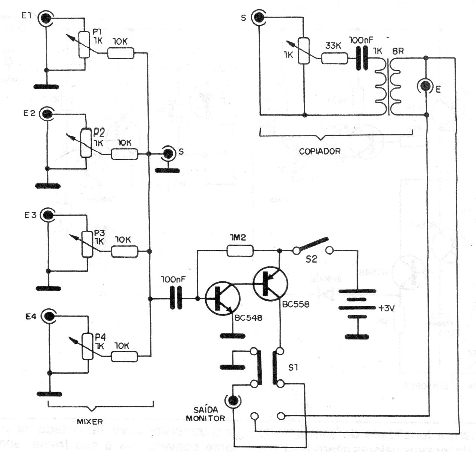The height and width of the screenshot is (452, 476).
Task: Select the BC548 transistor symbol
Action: click(222, 299)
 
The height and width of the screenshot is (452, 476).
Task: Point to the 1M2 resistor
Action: click(241, 251)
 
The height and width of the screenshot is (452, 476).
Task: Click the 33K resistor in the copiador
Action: click(334, 58)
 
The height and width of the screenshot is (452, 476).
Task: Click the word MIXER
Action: click(90, 422)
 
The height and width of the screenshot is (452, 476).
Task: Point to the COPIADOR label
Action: click(319, 152)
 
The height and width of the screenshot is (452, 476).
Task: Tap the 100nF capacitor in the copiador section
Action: click(361, 58)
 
